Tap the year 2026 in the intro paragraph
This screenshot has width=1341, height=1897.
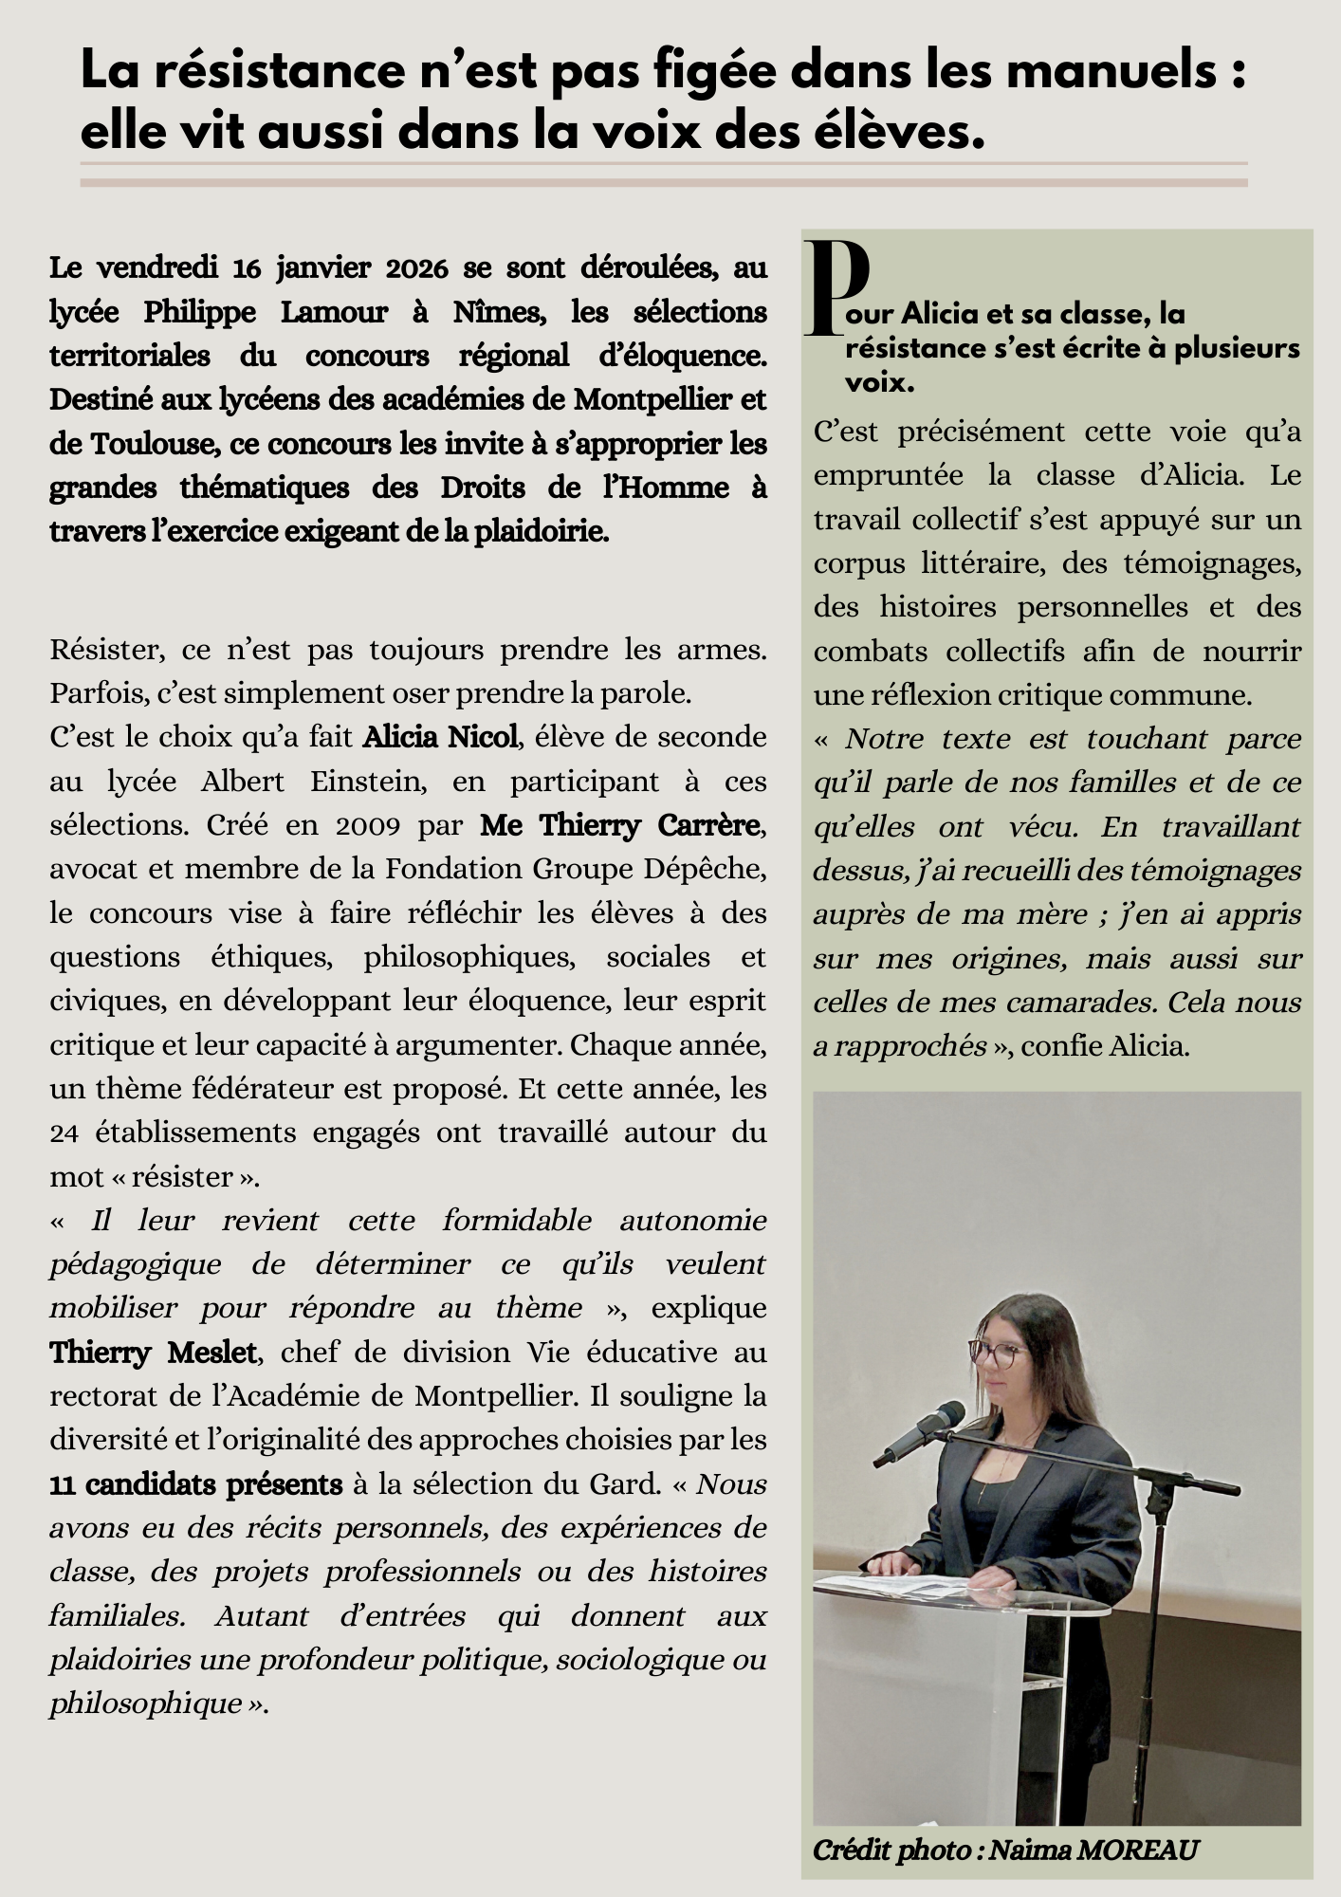(x=416, y=268)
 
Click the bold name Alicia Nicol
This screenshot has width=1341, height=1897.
(x=440, y=737)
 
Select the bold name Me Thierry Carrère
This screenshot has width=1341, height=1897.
(x=620, y=825)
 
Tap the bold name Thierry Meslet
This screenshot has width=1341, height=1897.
(x=153, y=1352)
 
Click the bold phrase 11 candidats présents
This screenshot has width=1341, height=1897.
(x=195, y=1483)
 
